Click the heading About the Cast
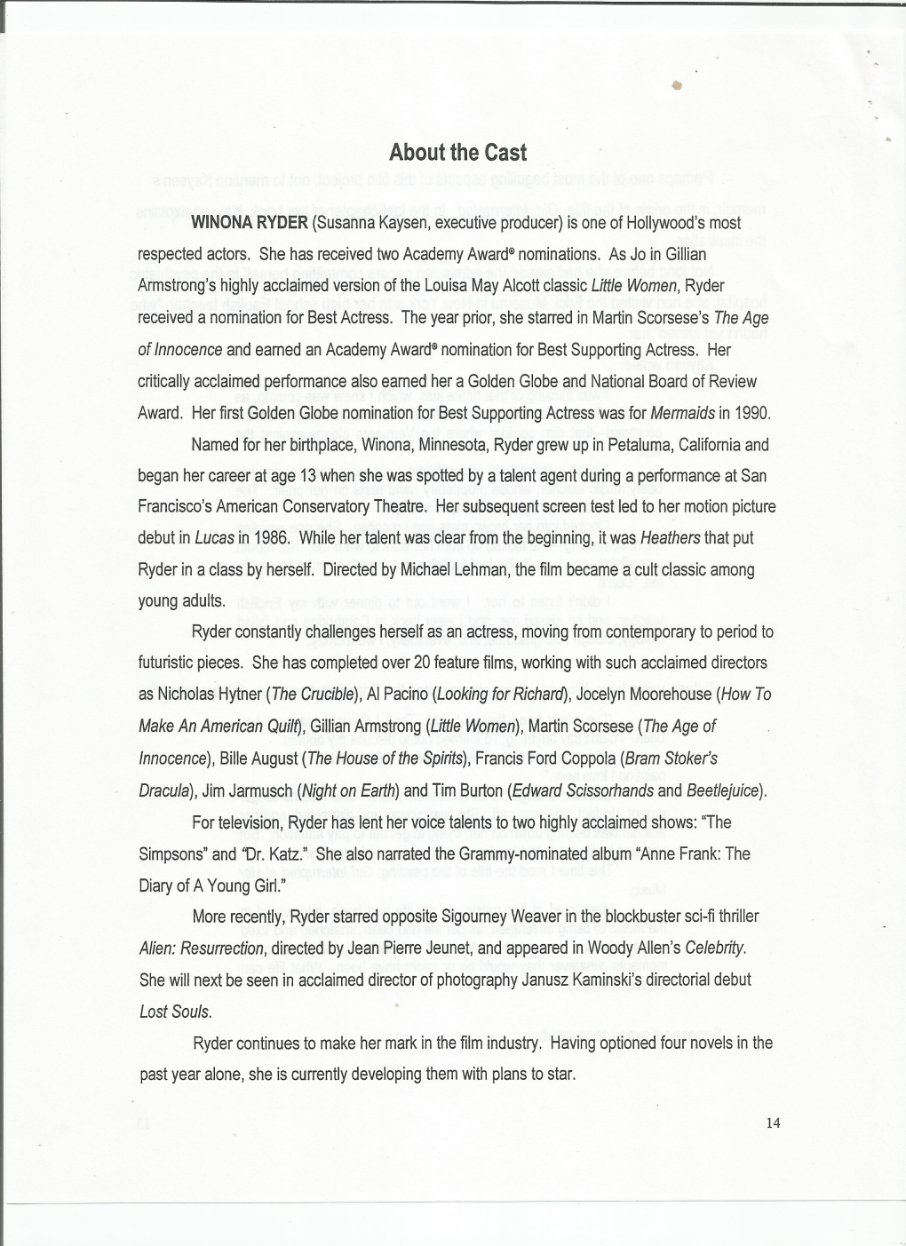[x=457, y=153]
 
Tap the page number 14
[x=773, y=1123]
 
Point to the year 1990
[x=752, y=413]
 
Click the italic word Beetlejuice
[x=724, y=790]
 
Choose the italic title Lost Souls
[x=175, y=1012]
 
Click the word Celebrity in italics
[x=715, y=948]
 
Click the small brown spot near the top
[x=676, y=85]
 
